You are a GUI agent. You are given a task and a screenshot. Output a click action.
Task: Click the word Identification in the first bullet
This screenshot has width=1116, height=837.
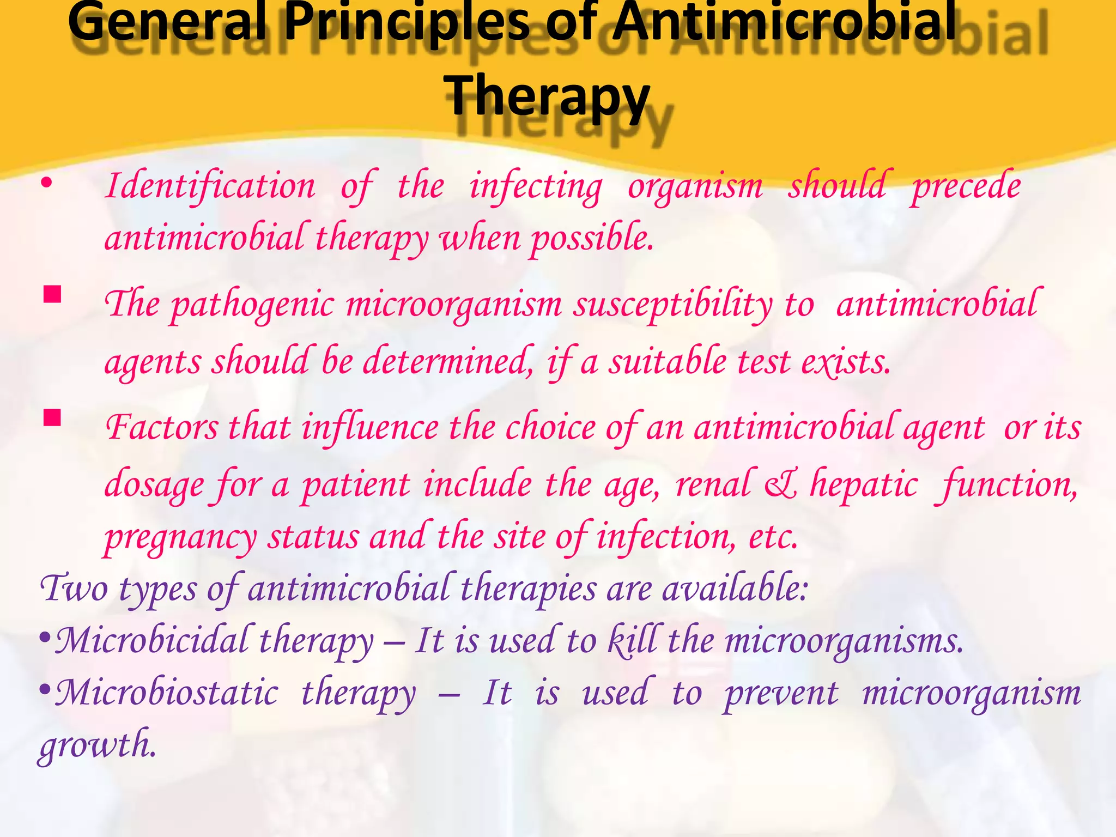tap(210, 186)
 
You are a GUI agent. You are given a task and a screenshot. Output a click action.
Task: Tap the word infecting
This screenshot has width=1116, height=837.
tap(536, 186)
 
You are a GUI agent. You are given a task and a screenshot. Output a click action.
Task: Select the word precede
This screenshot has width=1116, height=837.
tap(966, 186)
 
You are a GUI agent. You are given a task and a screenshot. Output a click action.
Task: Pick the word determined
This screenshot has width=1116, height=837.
tap(448, 362)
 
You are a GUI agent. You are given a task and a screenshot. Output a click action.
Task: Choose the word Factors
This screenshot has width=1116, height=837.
tap(161, 427)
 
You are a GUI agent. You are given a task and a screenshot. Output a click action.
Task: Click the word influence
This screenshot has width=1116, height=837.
tap(371, 427)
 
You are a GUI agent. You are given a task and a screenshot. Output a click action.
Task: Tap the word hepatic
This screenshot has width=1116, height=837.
tap(864, 484)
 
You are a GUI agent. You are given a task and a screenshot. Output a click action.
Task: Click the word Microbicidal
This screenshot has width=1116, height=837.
tap(153, 641)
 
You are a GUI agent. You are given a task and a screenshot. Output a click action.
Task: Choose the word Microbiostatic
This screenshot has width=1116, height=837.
tap(167, 693)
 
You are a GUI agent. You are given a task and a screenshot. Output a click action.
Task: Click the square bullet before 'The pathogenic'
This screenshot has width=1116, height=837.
tap(53, 295)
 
